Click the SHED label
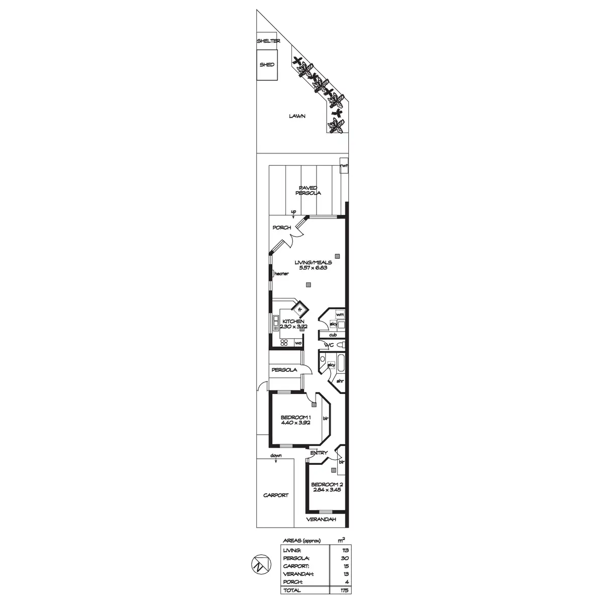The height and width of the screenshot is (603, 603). pyautogui.click(x=267, y=65)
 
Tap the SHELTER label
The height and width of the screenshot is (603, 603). pyautogui.click(x=267, y=41)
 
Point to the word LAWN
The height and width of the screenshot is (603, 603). pyautogui.click(x=297, y=116)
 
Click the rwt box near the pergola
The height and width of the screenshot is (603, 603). pyautogui.click(x=344, y=166)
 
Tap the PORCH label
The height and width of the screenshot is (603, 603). pyautogui.click(x=281, y=228)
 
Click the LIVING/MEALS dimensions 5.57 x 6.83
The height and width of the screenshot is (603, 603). pyautogui.click(x=313, y=268)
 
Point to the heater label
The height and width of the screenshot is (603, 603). pyautogui.click(x=281, y=274)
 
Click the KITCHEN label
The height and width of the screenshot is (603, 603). pyautogui.click(x=293, y=322)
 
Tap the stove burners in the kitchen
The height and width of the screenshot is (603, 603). pyautogui.click(x=284, y=343)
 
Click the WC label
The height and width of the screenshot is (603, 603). pyautogui.click(x=330, y=345)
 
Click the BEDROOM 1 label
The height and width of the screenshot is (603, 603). pyautogui.click(x=296, y=418)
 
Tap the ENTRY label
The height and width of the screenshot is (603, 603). pyautogui.click(x=319, y=453)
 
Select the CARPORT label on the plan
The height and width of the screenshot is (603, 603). pyautogui.click(x=276, y=495)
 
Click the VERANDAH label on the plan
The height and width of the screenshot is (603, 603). pyautogui.click(x=321, y=520)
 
